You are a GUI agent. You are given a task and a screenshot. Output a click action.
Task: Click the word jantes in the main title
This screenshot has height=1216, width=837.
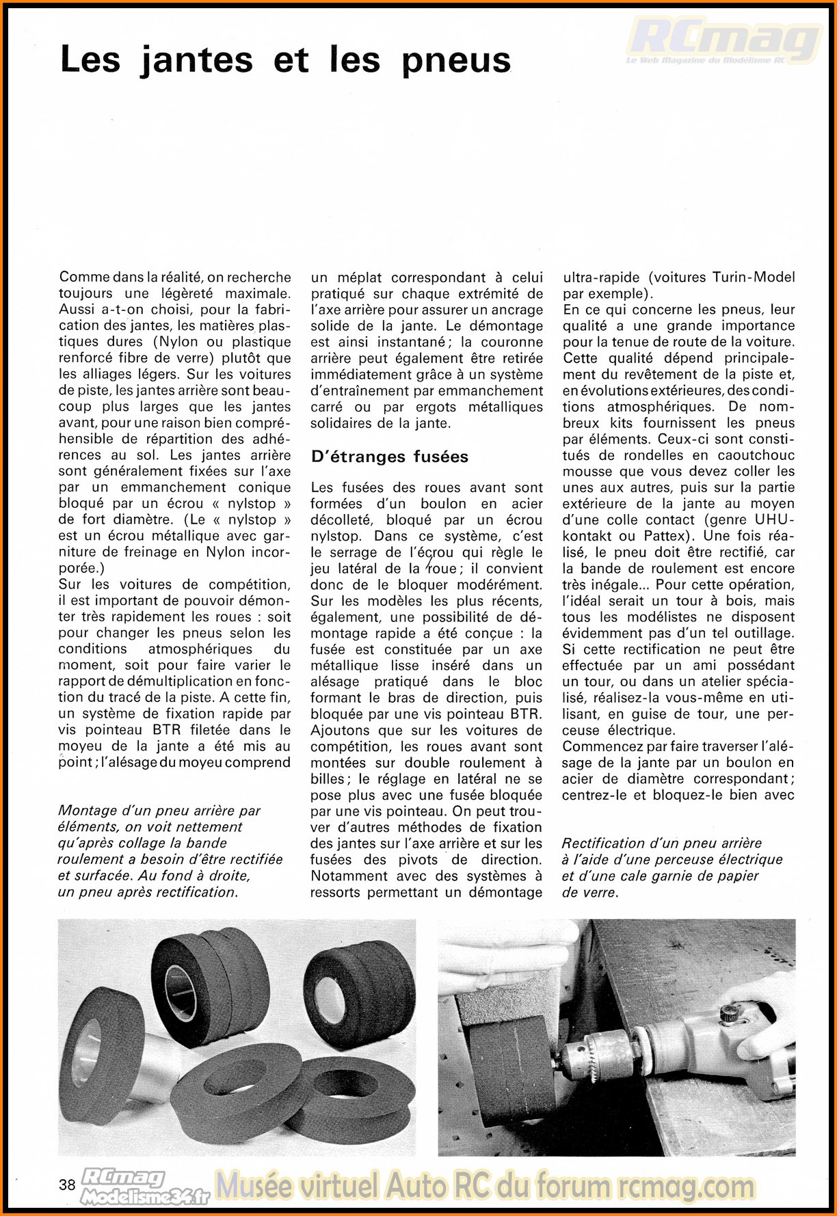197,59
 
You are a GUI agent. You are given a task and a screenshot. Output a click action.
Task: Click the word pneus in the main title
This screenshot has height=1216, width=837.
455,59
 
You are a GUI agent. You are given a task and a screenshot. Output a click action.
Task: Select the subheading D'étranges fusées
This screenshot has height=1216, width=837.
389,457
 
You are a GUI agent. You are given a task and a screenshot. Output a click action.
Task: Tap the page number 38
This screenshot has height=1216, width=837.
67,1185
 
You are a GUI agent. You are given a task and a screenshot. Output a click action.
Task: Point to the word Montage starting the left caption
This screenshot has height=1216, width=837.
87,811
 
